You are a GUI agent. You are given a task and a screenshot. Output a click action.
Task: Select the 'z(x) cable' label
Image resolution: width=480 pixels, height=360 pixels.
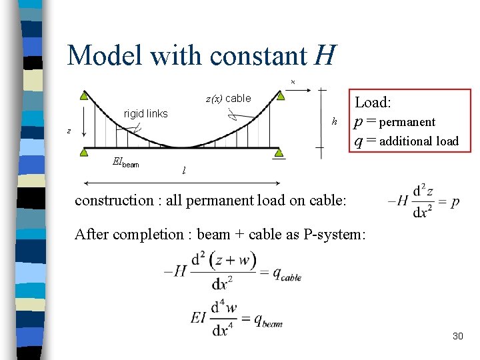[228, 99]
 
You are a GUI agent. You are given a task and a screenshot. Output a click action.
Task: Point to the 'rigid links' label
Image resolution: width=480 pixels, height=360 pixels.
[146, 113]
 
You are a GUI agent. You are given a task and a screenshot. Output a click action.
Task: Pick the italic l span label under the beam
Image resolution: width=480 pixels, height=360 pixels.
[184, 171]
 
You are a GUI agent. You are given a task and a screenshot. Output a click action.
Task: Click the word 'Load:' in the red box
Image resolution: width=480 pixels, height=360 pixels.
[373, 102]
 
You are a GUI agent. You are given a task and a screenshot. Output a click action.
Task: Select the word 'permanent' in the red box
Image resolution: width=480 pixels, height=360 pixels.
[407, 122]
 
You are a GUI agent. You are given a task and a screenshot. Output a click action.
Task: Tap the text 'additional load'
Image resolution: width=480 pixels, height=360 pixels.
[419, 141]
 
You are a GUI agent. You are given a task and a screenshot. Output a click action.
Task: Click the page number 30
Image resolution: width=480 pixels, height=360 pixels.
[457, 336]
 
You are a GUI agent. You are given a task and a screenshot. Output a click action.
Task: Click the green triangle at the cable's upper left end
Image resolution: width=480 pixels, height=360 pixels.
[83, 95]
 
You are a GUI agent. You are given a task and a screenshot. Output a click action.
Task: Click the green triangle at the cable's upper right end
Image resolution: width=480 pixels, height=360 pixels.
[281, 95]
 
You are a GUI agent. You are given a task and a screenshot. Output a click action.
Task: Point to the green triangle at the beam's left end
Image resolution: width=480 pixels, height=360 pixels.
[83, 153]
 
